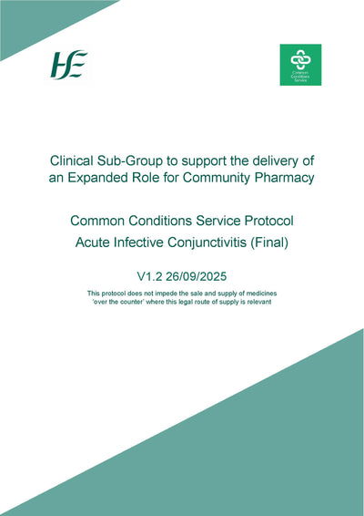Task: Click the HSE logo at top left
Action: click(68, 67)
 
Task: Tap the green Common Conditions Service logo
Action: click(300, 66)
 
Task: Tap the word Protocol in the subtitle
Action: click(278, 221)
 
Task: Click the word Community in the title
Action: click(216, 178)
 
